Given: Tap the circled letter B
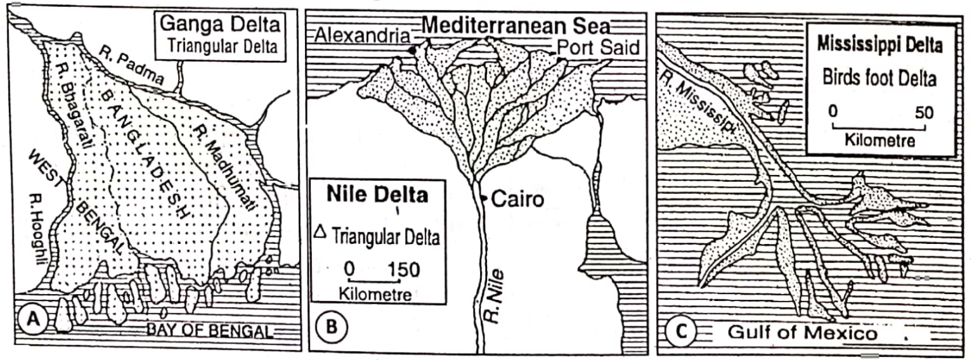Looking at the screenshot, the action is point(332,328).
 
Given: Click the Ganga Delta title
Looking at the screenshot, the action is point(219,27).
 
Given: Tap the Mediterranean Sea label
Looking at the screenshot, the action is point(516,26).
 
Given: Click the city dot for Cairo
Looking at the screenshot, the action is point(483,199).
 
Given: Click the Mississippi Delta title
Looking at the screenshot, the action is point(880,45).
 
